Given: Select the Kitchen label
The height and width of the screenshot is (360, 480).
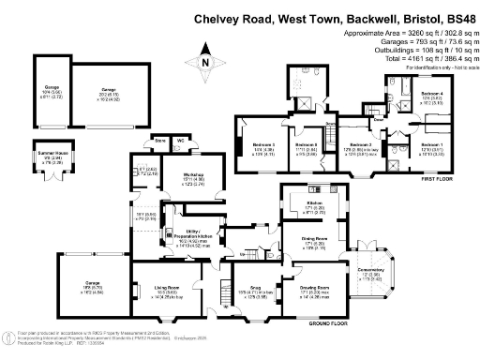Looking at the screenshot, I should pos(314,203).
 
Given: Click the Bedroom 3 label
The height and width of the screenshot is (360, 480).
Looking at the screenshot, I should pos(263,144).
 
